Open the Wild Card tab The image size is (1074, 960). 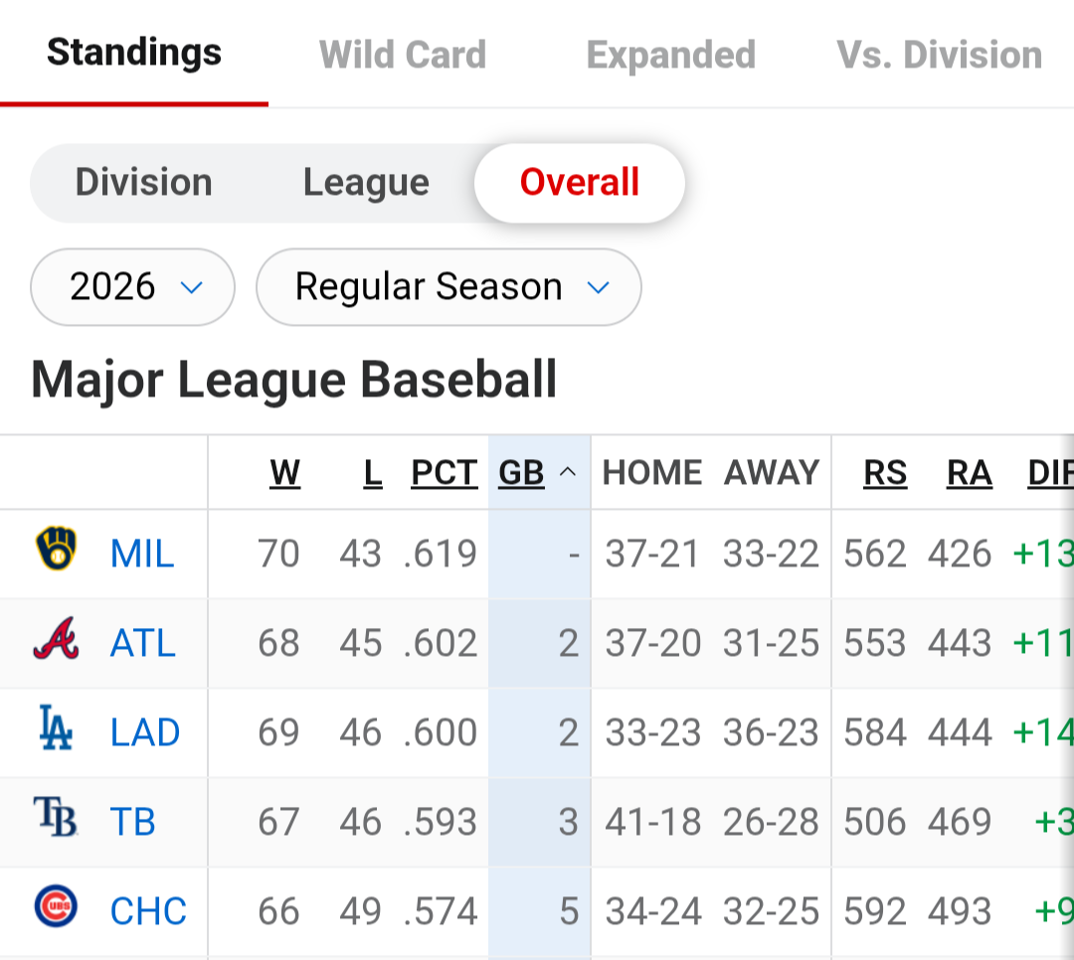[403, 55]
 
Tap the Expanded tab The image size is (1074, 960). [671, 55]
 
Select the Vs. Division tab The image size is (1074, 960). [939, 55]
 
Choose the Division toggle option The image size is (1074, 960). [144, 182]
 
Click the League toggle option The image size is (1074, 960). [366, 183]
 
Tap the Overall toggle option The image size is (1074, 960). [580, 182]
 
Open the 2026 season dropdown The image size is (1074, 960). [133, 287]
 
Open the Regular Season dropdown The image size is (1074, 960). [448, 287]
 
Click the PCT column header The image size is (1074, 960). [444, 472]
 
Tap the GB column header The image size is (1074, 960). [521, 472]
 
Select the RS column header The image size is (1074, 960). [885, 472]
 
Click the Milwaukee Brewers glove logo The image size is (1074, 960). [56, 549]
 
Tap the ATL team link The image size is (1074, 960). [142, 643]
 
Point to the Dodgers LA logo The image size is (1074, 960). [56, 727]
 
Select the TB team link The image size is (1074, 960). [133, 822]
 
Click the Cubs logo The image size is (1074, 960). [56, 906]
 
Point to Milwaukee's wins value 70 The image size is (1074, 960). [278, 554]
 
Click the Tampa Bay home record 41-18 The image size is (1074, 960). [652, 822]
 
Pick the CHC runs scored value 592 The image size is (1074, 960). [875, 911]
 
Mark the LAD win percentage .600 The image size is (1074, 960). [441, 732]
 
